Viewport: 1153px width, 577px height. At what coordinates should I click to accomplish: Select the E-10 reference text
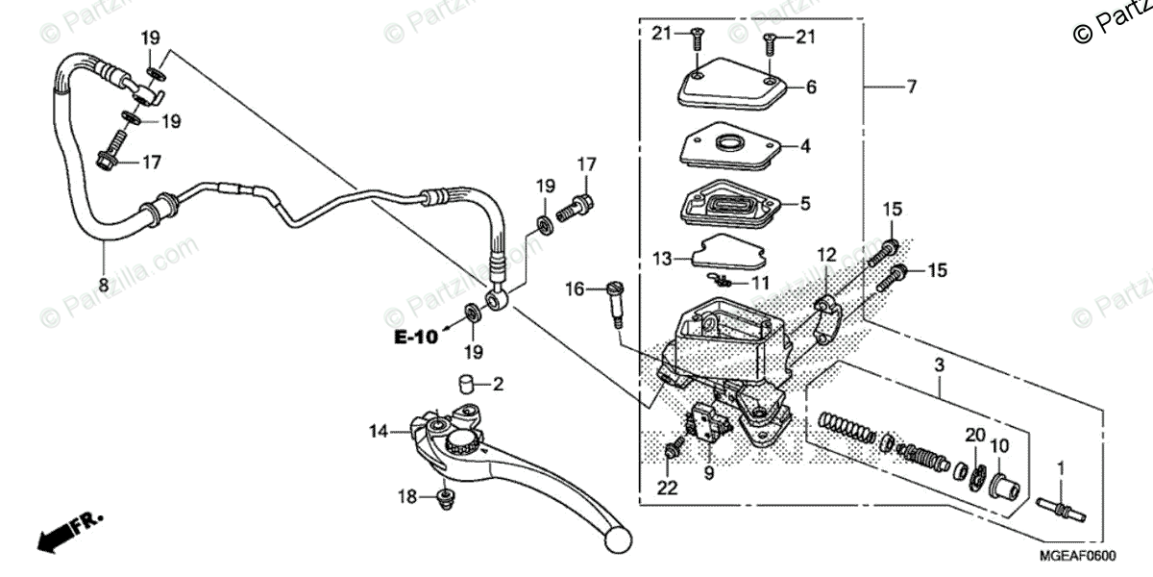415,337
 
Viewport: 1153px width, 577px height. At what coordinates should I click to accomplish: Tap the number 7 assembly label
911,87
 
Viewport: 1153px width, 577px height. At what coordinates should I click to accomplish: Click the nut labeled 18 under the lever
444,497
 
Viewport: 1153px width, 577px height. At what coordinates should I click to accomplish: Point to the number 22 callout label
667,488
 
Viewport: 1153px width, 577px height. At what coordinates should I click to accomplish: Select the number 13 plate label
661,259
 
